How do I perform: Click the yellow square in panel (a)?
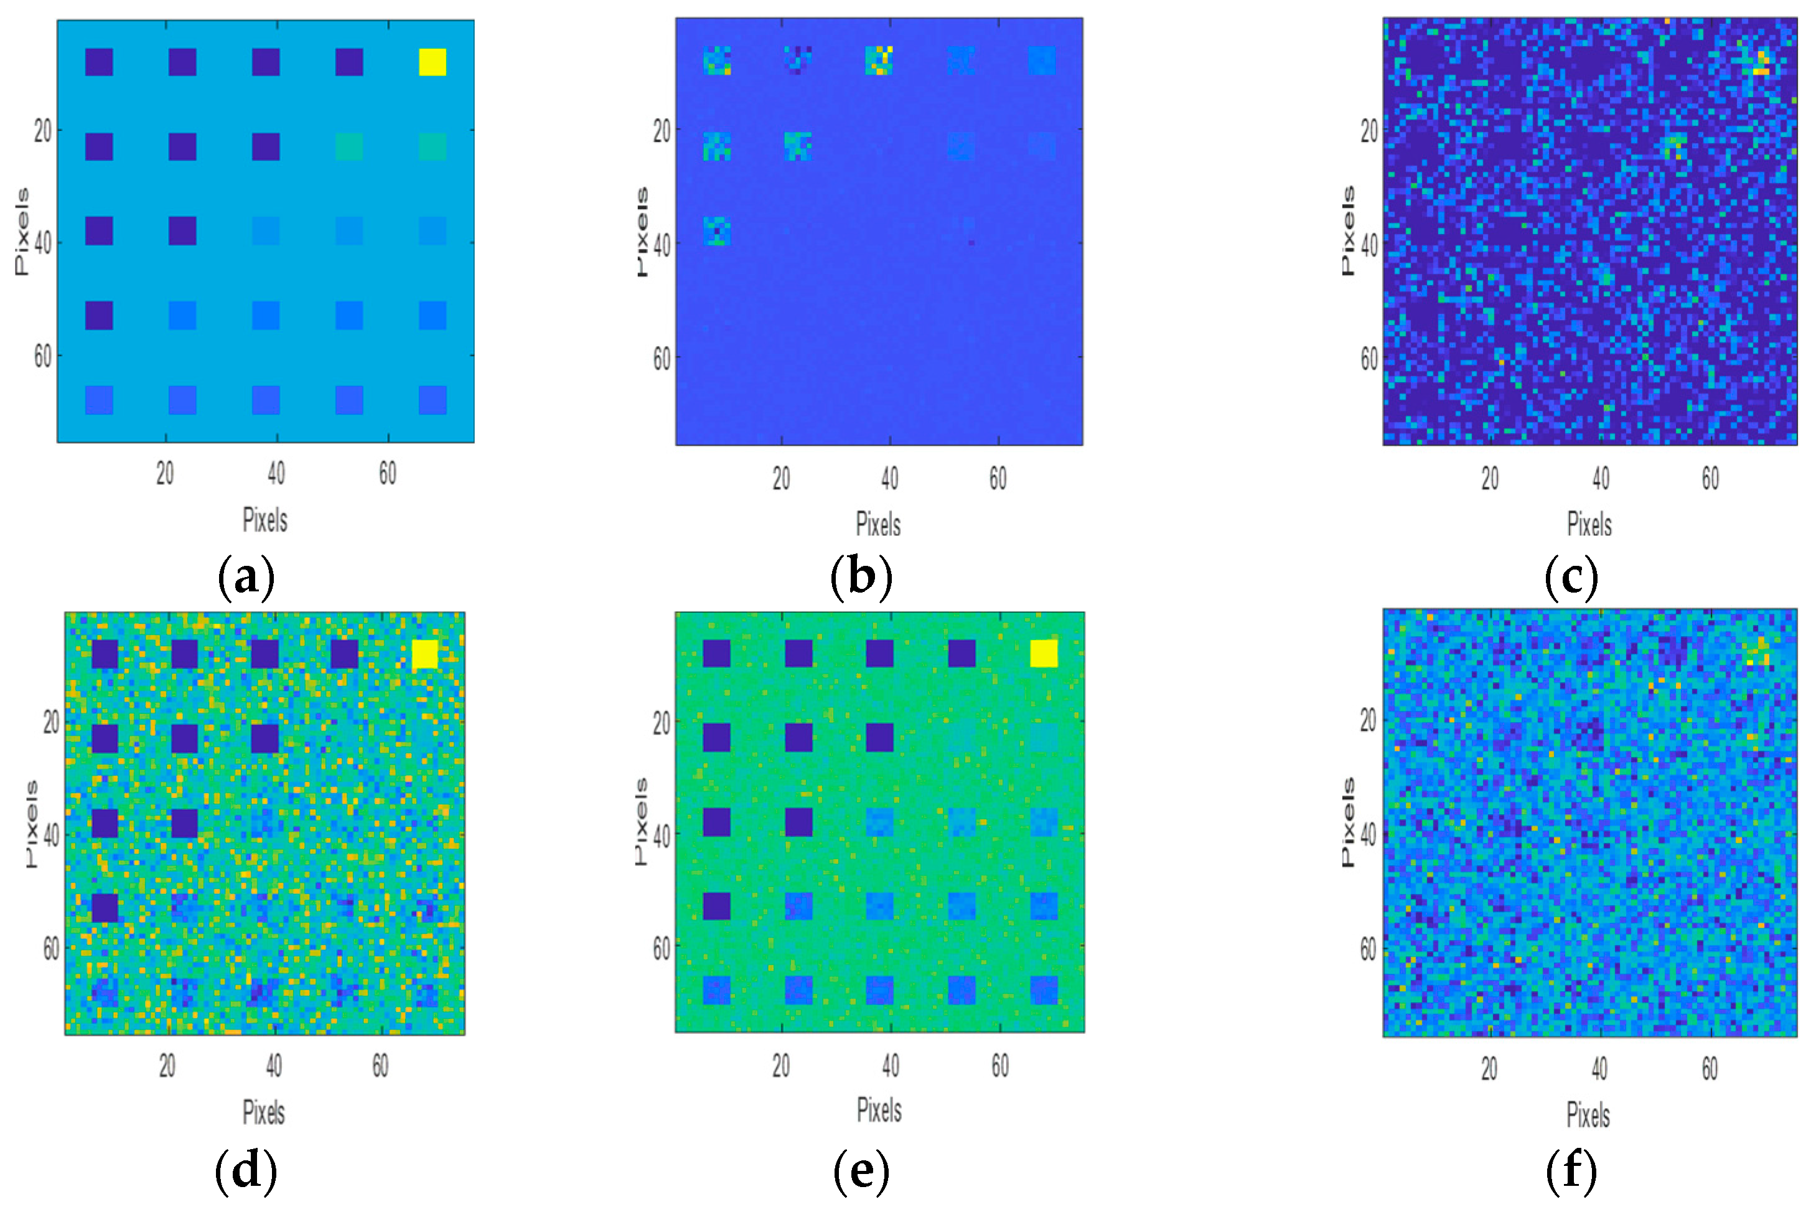click(432, 62)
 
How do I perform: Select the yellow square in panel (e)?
click(1044, 654)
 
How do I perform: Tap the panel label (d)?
click(246, 1170)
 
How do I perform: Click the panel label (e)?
click(861, 1170)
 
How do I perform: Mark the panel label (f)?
click(1571, 1170)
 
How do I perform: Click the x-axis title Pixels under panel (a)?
click(264, 520)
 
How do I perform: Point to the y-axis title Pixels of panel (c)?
click(1347, 231)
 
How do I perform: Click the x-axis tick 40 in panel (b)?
click(890, 479)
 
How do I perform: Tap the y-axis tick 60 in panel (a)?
click(43, 357)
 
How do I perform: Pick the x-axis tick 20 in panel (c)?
click(1490, 479)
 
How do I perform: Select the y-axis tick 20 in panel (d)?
click(51, 722)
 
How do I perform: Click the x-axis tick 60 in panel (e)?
click(999, 1065)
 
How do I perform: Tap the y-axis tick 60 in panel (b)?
click(661, 358)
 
